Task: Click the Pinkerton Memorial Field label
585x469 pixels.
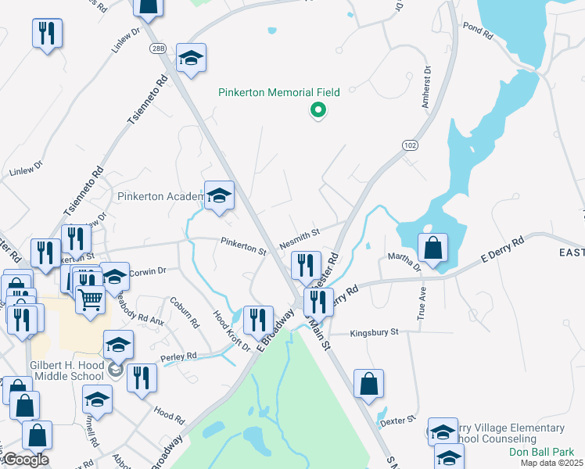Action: coord(279,92)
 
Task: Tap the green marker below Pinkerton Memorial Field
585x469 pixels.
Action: coord(318,112)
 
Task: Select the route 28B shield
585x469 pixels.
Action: coord(158,48)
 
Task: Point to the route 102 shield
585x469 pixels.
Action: coord(410,145)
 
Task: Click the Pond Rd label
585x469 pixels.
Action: coord(477,35)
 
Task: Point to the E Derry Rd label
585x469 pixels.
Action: coord(500,251)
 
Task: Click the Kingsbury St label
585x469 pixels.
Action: coord(374,332)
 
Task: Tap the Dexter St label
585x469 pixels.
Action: coord(396,421)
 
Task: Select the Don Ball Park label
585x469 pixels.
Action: coord(541,452)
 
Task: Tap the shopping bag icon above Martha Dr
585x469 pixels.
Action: coord(432,249)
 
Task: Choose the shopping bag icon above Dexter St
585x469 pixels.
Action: coord(368,384)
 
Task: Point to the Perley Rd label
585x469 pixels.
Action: coord(179,356)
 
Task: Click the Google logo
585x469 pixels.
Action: coord(26,460)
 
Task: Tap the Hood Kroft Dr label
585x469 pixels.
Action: coord(231,331)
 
